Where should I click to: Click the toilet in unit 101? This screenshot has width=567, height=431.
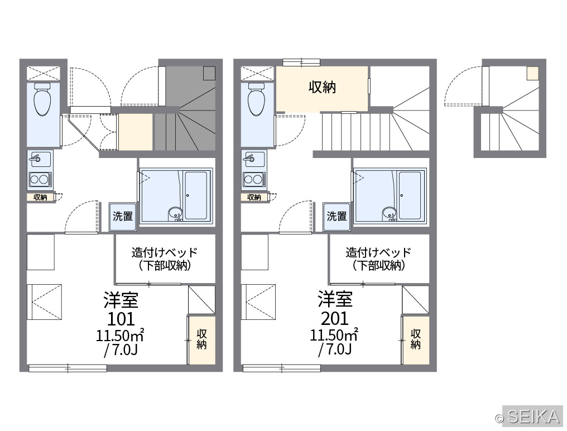click(42, 99)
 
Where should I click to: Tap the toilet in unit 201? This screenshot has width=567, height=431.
click(256, 99)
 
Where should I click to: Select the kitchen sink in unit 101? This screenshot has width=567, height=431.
click(40, 159)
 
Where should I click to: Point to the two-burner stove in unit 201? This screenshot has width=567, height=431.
click(254, 180)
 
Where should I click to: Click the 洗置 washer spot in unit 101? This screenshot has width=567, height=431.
click(123, 217)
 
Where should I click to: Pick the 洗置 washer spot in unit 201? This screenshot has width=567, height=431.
click(337, 217)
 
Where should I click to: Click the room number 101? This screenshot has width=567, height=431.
click(121, 319)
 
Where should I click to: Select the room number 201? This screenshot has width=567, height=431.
click(335, 319)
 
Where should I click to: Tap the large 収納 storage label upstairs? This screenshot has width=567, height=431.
click(322, 87)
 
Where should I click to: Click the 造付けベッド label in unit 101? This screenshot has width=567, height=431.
click(165, 252)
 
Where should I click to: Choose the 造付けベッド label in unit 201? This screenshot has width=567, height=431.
click(378, 252)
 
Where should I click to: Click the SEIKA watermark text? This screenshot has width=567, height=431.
click(534, 416)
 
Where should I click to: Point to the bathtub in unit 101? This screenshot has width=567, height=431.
click(196, 196)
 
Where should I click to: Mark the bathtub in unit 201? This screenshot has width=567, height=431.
click(410, 196)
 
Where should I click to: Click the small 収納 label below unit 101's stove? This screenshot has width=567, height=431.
click(41, 197)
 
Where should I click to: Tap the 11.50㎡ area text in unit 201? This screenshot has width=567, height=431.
click(334, 335)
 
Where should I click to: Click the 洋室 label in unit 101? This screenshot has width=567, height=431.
click(121, 299)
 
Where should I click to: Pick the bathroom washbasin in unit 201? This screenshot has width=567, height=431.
click(390, 213)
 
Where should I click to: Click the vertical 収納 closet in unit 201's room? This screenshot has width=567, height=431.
click(416, 340)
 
